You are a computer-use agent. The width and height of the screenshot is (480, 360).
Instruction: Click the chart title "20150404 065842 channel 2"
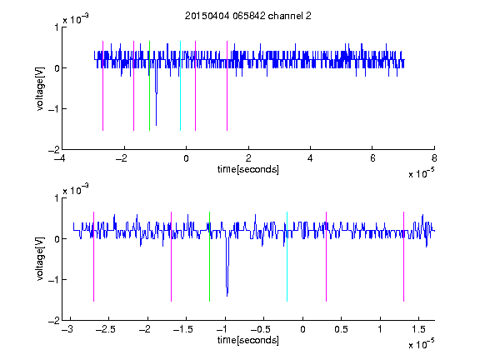tap(248, 16)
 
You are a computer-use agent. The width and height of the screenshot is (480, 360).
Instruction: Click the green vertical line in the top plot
tap(149, 86)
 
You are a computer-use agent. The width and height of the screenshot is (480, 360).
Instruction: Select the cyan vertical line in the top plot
tap(180, 86)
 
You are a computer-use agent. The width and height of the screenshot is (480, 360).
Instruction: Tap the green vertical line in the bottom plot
tap(209, 257)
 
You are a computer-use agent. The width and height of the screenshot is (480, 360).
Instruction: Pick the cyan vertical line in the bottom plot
tap(287, 257)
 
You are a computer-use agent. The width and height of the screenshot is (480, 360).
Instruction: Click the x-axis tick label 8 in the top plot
tap(434, 158)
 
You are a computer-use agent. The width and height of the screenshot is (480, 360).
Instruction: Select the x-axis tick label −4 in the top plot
tap(59, 158)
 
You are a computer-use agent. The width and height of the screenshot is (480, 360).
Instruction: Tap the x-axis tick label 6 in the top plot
tap(372, 158)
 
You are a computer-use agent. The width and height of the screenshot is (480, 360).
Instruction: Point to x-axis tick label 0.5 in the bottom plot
tap(342, 329)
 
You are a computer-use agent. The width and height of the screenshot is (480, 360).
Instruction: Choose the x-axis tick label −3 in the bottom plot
tap(67, 329)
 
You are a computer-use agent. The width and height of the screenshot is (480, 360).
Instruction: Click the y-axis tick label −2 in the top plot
tap(53, 150)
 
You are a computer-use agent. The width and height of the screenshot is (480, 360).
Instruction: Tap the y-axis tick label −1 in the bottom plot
tap(53, 279)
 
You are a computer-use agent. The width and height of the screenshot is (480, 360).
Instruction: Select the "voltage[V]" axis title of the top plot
tap(40, 88)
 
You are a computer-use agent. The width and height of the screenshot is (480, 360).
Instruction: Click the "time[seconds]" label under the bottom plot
tap(248, 340)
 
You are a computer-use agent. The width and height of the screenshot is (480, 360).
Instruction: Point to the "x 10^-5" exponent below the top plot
tap(421, 172)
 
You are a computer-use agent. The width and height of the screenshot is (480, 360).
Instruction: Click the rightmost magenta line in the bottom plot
tap(403, 257)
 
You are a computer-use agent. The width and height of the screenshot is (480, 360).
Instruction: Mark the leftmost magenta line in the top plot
tap(102, 86)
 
